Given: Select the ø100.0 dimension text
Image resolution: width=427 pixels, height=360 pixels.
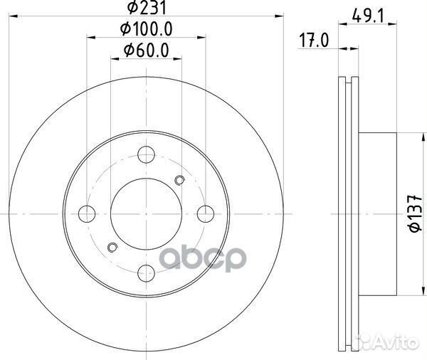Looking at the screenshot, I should point(147,30).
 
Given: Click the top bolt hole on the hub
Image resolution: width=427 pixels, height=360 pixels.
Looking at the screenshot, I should point(146,153).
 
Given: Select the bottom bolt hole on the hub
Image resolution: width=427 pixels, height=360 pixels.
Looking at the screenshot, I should point(146,271).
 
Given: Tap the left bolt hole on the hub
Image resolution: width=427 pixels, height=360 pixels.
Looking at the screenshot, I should point(87,212).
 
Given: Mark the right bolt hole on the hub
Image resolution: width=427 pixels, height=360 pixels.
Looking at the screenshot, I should point(205,212).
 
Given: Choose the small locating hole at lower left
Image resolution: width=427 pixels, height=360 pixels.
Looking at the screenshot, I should point(111,247).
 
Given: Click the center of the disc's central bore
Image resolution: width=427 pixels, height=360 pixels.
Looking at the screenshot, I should point(146,212).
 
